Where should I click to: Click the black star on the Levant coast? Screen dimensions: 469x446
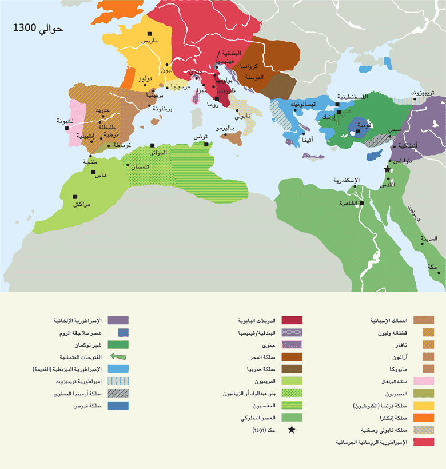click(387, 170)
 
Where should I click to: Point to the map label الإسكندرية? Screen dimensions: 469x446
click(348, 181)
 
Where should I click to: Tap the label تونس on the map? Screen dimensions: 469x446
click(201, 137)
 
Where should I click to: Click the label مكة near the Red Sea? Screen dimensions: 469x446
click(432, 267)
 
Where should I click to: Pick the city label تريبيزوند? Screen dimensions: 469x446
click(425, 92)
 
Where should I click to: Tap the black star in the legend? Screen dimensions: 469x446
click(291, 430)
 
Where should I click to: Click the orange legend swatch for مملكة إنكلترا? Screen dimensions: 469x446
click(424, 418)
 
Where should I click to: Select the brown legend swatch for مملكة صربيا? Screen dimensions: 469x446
click(291, 369)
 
